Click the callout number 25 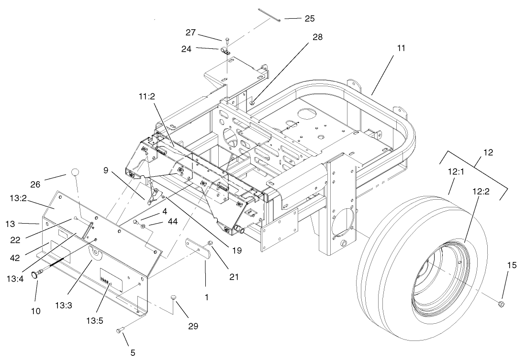point(309,18)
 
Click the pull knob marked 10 point(37,274)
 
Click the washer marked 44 point(143,225)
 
